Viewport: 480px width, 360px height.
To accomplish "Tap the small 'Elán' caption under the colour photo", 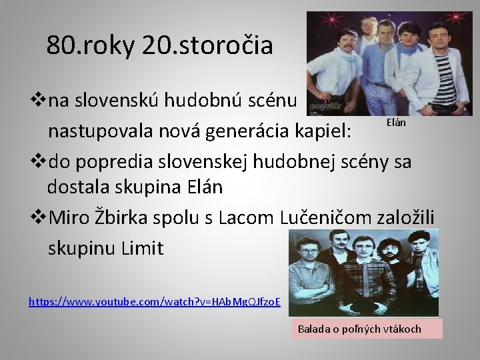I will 396,124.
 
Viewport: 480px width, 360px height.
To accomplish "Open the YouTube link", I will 155,301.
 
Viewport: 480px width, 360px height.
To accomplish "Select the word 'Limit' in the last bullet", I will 142,248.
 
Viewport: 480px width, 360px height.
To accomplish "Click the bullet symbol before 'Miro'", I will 39,218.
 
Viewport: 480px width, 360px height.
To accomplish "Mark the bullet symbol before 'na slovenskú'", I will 39,101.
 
